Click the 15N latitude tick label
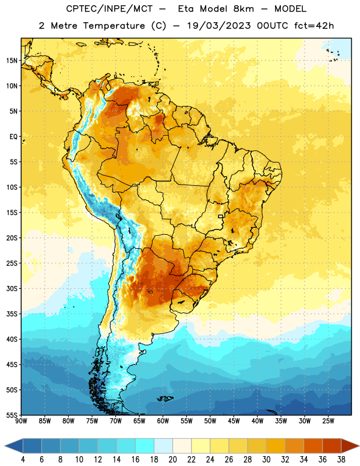pyautogui.click(x=12, y=61)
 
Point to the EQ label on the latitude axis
pyautogui.click(x=13, y=137)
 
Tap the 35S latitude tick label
pyautogui.click(x=12, y=314)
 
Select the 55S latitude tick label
pyautogui.click(x=12, y=415)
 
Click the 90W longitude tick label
pyautogui.click(x=21, y=421)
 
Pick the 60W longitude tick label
pyautogui.click(x=163, y=421)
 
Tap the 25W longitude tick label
pyautogui.click(x=328, y=421)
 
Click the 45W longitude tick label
pyautogui.click(x=234, y=421)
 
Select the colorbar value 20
pyautogui.click(x=172, y=460)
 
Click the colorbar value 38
pyautogui.click(x=341, y=460)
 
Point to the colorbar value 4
pyautogui.click(x=23, y=460)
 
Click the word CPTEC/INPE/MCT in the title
pyautogui.click(x=109, y=9)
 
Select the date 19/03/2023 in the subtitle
pyautogui.click(x=219, y=26)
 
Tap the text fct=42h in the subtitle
pyautogui.click(x=314, y=26)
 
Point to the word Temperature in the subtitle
pyautogui.click(x=114, y=26)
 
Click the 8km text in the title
pyautogui.click(x=243, y=9)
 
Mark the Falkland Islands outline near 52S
pyautogui.click(x=165, y=398)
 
